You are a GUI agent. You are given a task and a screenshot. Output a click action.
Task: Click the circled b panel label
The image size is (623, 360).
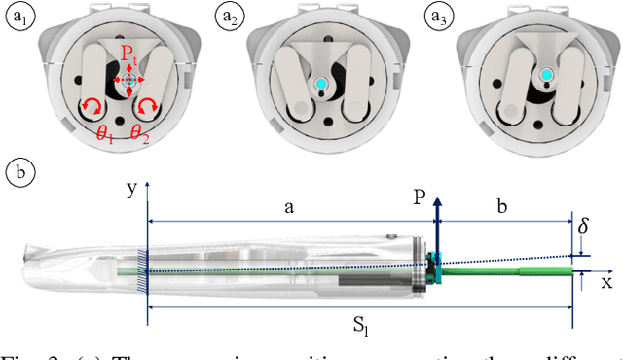pyautogui.click(x=20, y=173)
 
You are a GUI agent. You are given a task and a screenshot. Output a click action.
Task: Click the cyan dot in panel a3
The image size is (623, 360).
pyautogui.click(x=547, y=75)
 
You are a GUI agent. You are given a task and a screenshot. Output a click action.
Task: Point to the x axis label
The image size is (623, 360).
pyautogui.click(x=605, y=282)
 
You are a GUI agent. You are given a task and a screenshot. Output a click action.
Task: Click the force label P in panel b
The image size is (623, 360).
pyautogui.click(x=418, y=196)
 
